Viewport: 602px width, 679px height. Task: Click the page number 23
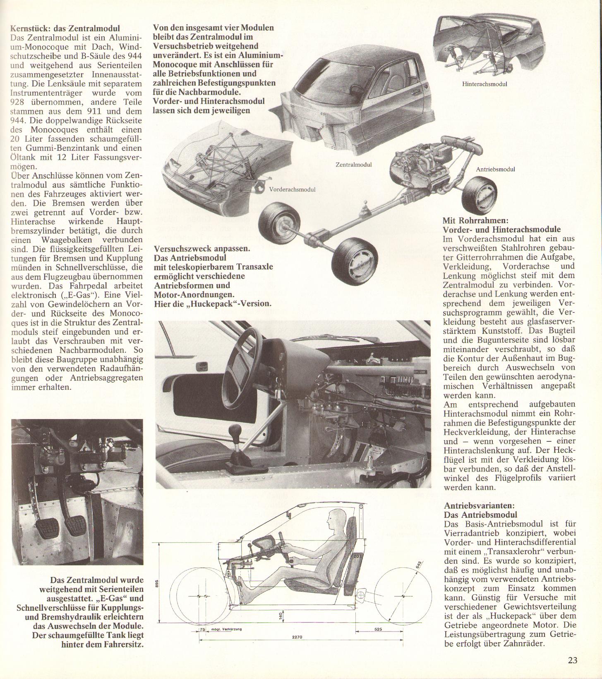click(572, 660)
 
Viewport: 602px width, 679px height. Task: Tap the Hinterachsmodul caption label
click(484, 84)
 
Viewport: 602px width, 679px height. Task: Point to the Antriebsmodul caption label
click(495, 169)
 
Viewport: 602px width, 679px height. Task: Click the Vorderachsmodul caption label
click(292, 189)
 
